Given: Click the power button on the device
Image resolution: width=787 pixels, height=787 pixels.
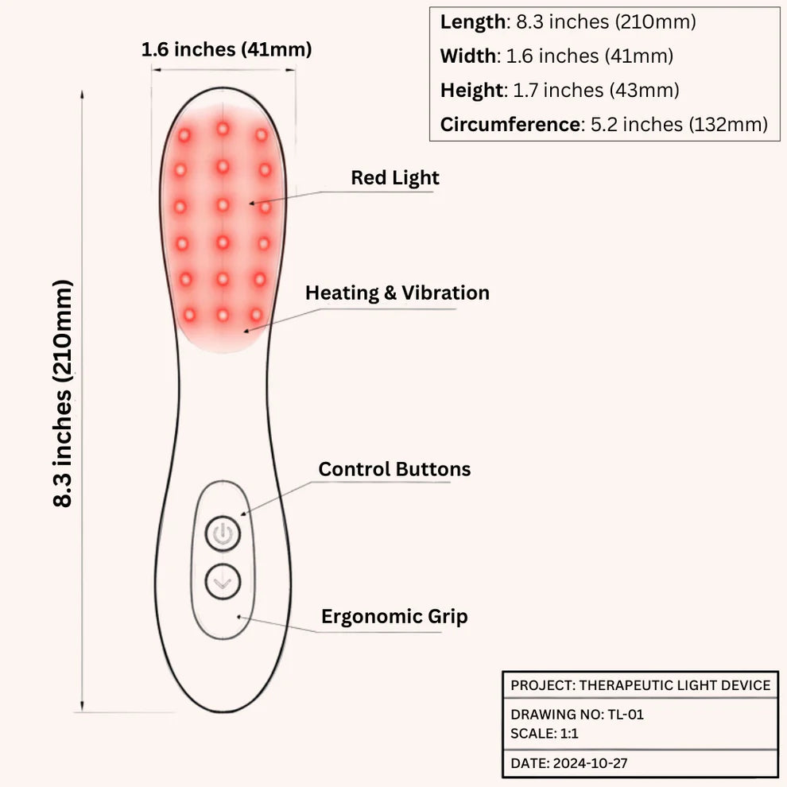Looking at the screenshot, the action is point(223,533).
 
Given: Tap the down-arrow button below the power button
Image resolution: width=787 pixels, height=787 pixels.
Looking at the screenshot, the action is point(223,582).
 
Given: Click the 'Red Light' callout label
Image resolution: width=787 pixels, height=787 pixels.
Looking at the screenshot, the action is point(395,178).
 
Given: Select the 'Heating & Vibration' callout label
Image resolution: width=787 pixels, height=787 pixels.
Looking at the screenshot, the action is point(397,293).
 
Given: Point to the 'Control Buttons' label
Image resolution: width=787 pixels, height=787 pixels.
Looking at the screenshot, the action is point(394,469).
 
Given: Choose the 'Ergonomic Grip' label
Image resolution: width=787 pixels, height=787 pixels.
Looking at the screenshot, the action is point(394,617).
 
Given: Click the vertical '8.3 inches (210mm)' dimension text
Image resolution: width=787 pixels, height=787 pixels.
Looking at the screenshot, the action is point(64,393).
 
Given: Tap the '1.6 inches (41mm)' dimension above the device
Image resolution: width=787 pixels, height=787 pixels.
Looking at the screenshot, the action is point(227,50).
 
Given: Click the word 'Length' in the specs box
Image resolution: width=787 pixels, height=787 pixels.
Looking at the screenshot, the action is point(473,22).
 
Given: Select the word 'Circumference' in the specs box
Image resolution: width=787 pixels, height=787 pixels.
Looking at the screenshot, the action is point(510,125).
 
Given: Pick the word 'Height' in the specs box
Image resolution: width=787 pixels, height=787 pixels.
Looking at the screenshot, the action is point(471,91).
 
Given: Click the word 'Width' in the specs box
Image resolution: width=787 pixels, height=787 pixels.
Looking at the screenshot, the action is point(467,56).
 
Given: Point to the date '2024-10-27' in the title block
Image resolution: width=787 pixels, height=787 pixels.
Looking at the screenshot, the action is point(590,763).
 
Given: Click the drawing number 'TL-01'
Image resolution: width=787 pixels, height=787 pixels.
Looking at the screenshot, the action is point(626,714).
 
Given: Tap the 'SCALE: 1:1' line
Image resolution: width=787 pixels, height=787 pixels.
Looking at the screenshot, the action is point(545,733).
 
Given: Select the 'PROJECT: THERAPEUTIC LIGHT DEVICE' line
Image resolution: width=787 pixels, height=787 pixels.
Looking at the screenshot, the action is point(641,685).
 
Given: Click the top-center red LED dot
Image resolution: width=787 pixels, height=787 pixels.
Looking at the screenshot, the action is point(223,129).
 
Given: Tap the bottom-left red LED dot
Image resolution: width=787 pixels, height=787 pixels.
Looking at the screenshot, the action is point(189,316).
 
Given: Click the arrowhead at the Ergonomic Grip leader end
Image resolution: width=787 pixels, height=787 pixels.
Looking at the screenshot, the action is point(240,617).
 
